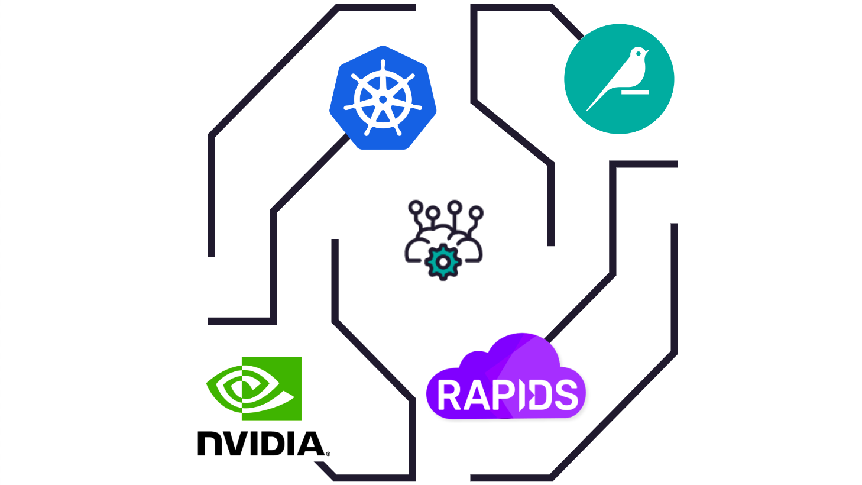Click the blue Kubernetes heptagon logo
click(x=383, y=98)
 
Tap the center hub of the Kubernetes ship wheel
click(x=383, y=99)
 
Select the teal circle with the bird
click(x=619, y=79)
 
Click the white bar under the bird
click(x=635, y=92)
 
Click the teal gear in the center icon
click(x=443, y=261)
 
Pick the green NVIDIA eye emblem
click(x=254, y=388)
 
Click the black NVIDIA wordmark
click(x=261, y=444)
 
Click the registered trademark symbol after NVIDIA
click(x=328, y=454)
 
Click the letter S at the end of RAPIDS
click(x=566, y=396)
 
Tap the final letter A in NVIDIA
click(x=310, y=444)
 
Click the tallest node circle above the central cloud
click(x=455, y=206)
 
